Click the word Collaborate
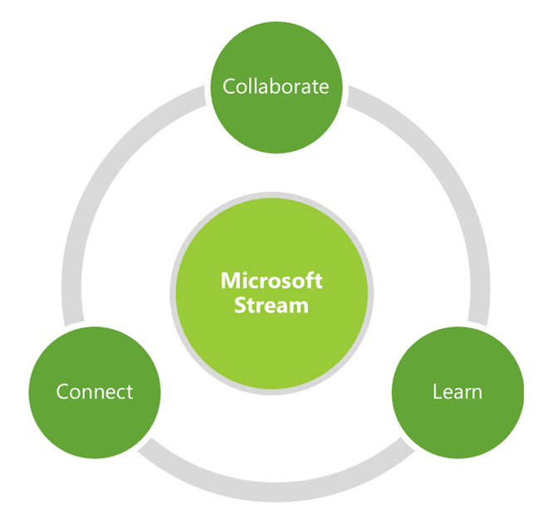tap(276, 86)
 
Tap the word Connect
tap(94, 391)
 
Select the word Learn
tap(457, 391)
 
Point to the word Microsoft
tap(271, 281)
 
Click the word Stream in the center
tap(271, 305)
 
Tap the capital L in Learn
tap(437, 391)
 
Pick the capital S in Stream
tap(241, 305)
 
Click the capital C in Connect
tap(62, 391)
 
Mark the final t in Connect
tap(129, 391)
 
